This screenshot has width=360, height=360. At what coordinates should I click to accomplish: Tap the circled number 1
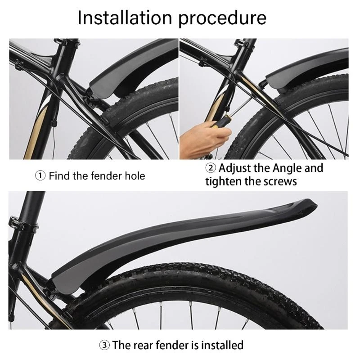click(40, 175)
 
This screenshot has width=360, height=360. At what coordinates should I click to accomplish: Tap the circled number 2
click(211, 168)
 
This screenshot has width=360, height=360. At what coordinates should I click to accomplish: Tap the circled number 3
click(104, 345)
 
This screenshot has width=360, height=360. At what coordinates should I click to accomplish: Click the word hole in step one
click(134, 175)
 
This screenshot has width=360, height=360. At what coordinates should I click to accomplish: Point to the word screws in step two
click(281, 181)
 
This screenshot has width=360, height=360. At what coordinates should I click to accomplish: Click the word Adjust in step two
click(235, 168)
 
